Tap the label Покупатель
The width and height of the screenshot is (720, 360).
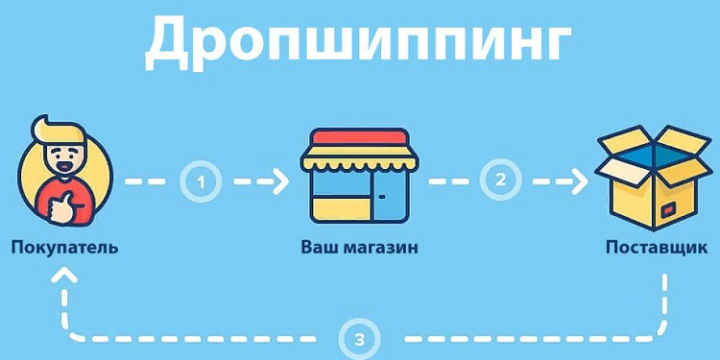pos(64,248)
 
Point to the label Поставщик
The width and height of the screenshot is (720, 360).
pos(656,248)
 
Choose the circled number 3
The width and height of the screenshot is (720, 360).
pos(359,338)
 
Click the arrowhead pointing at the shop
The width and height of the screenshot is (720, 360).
pos(279,180)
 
